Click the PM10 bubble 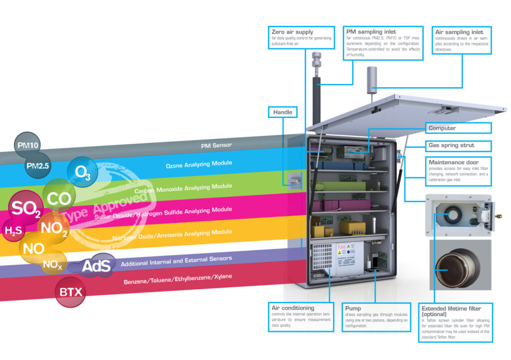[x=28, y=145]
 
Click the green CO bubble [x=59, y=198]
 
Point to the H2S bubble [x=13, y=231]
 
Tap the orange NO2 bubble [x=53, y=228]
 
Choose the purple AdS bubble [x=95, y=265]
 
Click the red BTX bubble [x=70, y=292]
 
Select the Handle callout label [x=282, y=112]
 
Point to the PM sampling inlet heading [x=371, y=32]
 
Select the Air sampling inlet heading [x=459, y=32]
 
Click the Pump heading [x=353, y=308]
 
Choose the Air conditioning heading [x=293, y=308]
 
